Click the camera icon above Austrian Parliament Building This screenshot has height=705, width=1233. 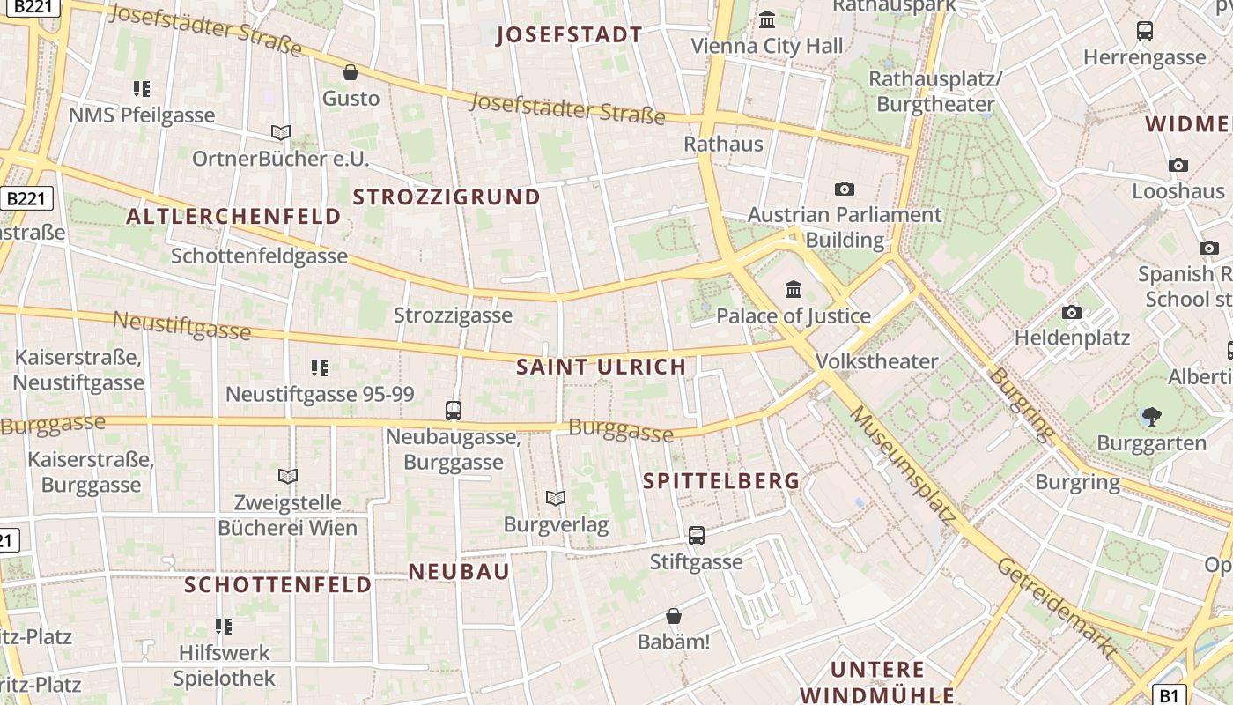pyautogui.click(x=844, y=189)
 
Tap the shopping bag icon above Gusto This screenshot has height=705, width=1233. pyautogui.click(x=351, y=72)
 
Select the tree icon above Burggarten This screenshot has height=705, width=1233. pyautogui.click(x=1150, y=417)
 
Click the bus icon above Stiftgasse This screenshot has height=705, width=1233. pyautogui.click(x=696, y=535)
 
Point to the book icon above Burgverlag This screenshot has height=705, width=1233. pyautogui.click(x=555, y=499)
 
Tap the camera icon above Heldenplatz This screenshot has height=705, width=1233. pyautogui.click(x=1072, y=312)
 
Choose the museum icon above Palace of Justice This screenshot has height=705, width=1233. pyautogui.click(x=793, y=289)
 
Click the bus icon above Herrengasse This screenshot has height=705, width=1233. pyautogui.click(x=1145, y=31)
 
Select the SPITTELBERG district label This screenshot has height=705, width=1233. pyautogui.click(x=721, y=481)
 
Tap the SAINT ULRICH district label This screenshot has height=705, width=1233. pyautogui.click(x=601, y=367)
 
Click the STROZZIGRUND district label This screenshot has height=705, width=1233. pyautogui.click(x=447, y=197)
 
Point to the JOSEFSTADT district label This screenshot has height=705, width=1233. pyautogui.click(x=569, y=35)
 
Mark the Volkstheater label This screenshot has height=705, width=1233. pyautogui.click(x=876, y=361)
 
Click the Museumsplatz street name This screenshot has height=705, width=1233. pyautogui.click(x=902, y=466)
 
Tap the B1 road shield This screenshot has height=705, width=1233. pyautogui.click(x=1169, y=695)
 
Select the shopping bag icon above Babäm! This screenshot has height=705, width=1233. pyautogui.click(x=674, y=615)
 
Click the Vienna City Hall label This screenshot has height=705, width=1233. pyautogui.click(x=766, y=46)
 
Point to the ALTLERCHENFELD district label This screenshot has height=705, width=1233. pyautogui.click(x=233, y=217)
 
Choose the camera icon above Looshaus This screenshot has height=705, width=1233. pyautogui.click(x=1178, y=165)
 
